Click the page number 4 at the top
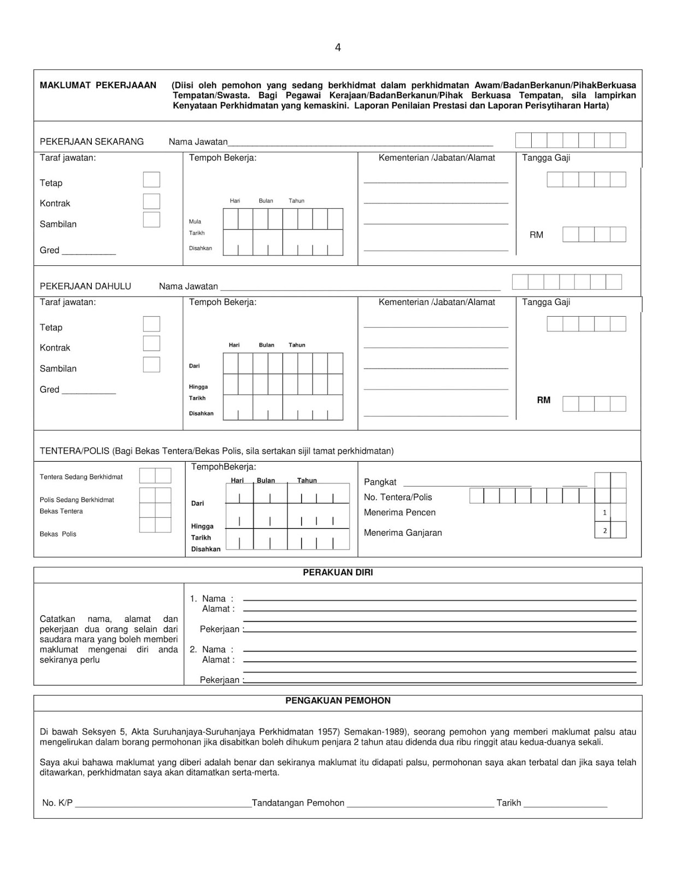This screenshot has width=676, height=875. pos(338,48)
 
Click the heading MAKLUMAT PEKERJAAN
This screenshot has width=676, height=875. pos(98,85)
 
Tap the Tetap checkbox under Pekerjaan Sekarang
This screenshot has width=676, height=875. pos(151,180)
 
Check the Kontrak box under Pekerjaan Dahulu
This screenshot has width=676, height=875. pos(151,343)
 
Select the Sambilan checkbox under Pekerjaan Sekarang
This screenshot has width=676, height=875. pos(151,220)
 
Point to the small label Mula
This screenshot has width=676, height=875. pos(195,221)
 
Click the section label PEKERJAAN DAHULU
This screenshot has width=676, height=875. pos(85,286)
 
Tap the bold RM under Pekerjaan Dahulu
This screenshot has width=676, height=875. pos(543,400)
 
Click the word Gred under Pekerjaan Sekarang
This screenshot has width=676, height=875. pos(49,250)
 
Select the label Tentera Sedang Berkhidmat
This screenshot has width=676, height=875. pos(81,477)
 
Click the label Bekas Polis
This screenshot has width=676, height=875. pos(58,534)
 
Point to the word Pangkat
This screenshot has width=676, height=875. pos(380,482)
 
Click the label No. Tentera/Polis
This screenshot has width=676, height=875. pos(398,497)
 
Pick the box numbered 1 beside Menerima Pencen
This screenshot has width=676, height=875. pos(604,512)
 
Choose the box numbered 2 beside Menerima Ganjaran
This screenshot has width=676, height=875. pos(604,530)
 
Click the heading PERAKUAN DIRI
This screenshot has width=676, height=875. pos(338,573)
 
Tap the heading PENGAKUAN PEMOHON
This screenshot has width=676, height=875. pos(338,701)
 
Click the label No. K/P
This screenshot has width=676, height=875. pos(57,803)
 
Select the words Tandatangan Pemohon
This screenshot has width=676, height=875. pos(298,803)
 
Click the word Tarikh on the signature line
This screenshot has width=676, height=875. pos(508,803)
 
